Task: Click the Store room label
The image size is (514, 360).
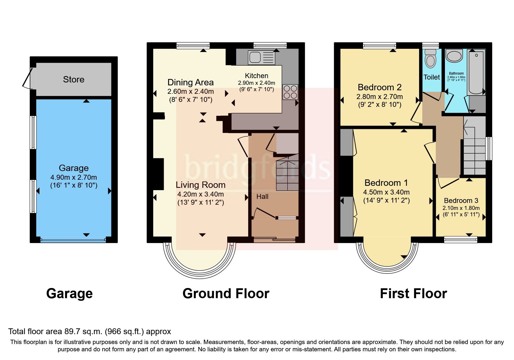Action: pos(73,80)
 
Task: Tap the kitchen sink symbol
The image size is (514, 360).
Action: pos(261,57)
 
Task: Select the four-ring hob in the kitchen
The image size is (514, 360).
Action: pos(290,92)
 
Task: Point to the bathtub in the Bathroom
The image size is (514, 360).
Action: pos(476,72)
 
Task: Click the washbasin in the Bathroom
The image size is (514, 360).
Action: pos(454,56)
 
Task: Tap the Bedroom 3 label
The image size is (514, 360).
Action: pos(461,201)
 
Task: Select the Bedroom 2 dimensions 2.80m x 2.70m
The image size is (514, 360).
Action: pos(379,97)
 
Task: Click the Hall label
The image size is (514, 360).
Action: pos(262,197)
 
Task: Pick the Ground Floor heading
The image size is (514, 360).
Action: pos(226,294)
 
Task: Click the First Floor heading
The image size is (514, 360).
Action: pos(413,294)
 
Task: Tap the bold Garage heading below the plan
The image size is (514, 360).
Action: pos(69,294)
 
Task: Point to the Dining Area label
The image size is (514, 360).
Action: pos(190,82)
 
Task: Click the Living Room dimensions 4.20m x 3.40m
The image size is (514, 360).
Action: pos(200,194)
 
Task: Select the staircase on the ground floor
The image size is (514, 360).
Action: pos(287,174)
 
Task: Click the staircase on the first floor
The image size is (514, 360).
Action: pos(474,157)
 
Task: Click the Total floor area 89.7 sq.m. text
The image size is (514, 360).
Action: pos(89,332)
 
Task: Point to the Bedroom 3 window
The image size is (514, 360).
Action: pos(461,240)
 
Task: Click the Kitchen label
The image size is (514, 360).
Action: pos(256,76)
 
